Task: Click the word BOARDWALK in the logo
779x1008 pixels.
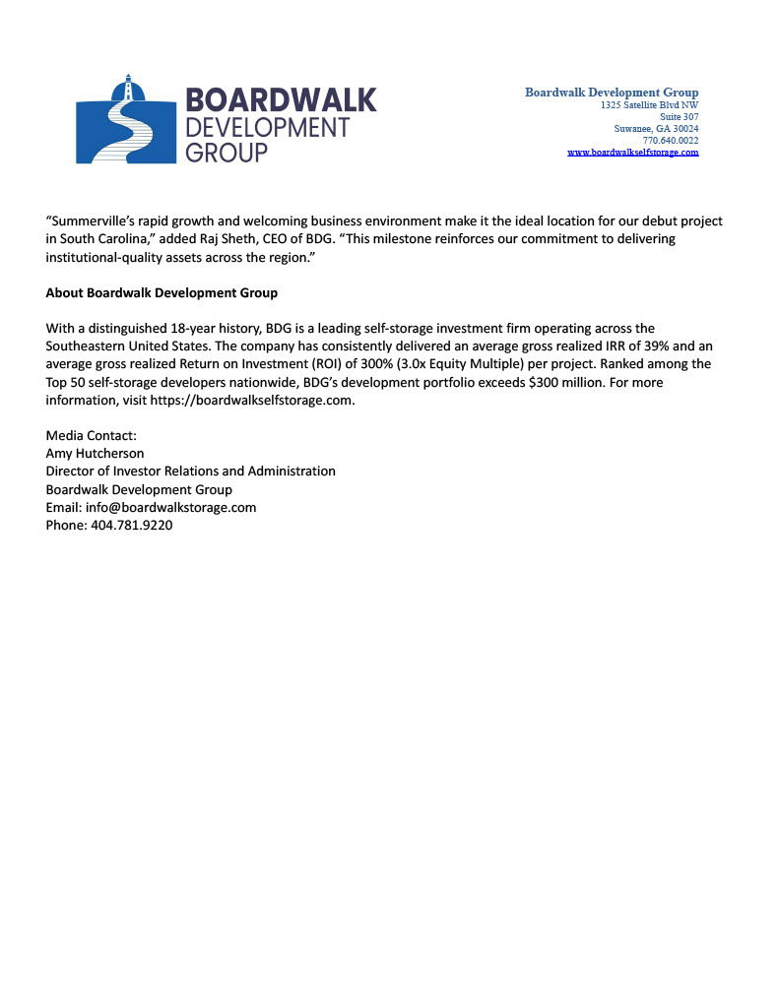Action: pyautogui.click(x=281, y=100)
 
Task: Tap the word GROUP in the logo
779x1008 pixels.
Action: pyautogui.click(x=227, y=153)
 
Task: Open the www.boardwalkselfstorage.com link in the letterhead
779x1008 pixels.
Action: pyautogui.click(x=632, y=153)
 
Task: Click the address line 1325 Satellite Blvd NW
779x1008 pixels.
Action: pyautogui.click(x=649, y=104)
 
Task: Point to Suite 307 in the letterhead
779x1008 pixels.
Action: pyautogui.click(x=679, y=116)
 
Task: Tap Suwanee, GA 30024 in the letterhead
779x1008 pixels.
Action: pyautogui.click(x=656, y=128)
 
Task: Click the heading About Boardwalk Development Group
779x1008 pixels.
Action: pyautogui.click(x=162, y=292)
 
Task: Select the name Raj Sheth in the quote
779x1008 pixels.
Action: pyautogui.click(x=249, y=239)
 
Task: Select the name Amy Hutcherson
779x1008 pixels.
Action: pyautogui.click(x=96, y=453)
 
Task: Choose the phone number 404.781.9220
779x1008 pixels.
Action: pyautogui.click(x=132, y=525)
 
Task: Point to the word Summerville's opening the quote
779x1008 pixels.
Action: pyautogui.click(x=95, y=221)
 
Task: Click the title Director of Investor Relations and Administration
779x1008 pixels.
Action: pyautogui.click(x=190, y=471)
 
